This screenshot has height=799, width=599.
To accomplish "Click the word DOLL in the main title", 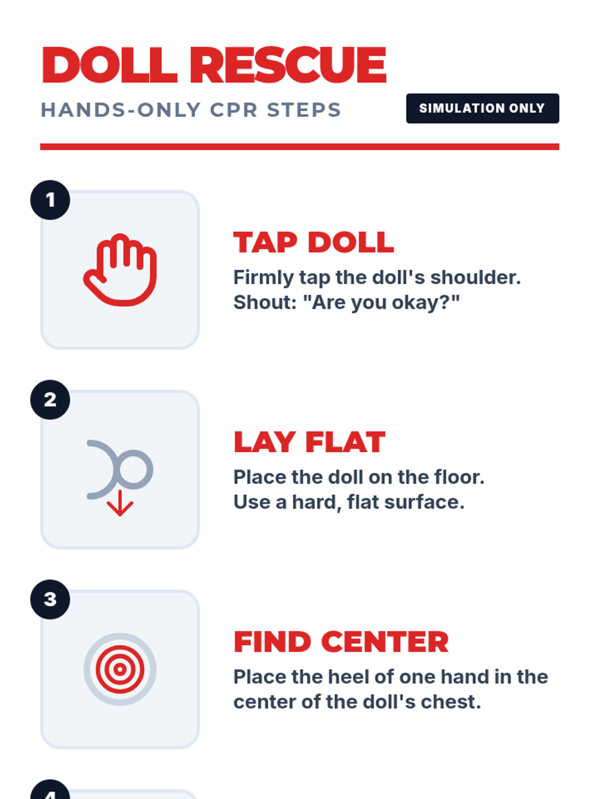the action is pos(109,65).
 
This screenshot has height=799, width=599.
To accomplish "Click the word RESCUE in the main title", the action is pos(288,65).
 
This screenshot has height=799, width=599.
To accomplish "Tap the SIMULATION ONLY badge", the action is pos(482,108).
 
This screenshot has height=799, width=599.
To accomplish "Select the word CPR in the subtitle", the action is pos(234,109).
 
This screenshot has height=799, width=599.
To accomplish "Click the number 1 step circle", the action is pos(50,200).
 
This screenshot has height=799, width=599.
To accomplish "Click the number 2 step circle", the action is pos(50,399).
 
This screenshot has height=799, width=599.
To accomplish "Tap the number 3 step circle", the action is pos(50,599).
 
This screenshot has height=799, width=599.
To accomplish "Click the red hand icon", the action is pos(120,270).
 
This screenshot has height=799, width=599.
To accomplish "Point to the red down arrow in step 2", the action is pos(120,503).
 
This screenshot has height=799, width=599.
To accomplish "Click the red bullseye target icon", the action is pos(120,669).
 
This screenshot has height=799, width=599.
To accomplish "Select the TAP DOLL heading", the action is pos(313,242).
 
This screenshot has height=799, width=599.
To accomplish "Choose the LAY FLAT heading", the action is pos(309,442).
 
